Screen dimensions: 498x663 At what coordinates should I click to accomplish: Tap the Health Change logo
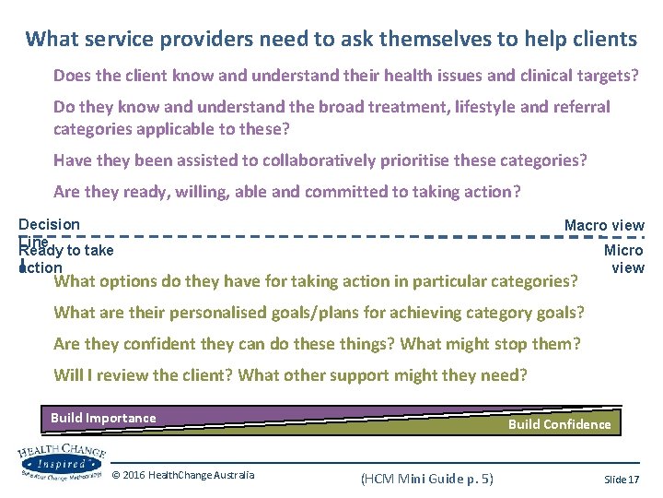tap(62, 461)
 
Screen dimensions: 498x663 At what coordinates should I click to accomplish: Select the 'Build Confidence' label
tap(559, 424)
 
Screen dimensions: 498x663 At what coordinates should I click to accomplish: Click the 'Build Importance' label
tap(103, 418)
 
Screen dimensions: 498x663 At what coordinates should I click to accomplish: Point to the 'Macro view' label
tap(604, 225)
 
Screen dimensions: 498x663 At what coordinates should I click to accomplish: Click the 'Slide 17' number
tap(622, 479)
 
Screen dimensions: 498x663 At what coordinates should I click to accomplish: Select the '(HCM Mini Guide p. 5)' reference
tap(426, 479)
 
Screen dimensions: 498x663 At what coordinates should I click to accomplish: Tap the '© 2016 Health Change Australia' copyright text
tap(183, 475)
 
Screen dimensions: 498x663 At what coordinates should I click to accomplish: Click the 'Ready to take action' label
tap(65, 259)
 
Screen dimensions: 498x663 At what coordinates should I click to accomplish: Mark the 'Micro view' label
tap(625, 259)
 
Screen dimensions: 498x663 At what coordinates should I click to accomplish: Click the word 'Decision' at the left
tap(49, 224)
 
